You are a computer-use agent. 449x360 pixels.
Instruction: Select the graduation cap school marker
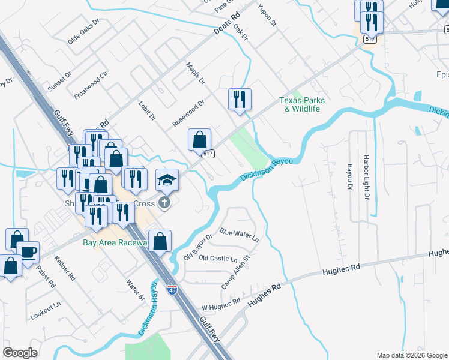167,179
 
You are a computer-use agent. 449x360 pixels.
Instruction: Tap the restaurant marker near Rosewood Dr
240,100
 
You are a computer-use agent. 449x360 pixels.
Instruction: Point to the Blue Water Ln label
239,234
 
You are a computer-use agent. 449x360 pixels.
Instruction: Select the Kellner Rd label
64,270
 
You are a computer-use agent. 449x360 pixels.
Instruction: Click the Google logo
20,353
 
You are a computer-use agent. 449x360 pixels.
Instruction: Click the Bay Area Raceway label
115,242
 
